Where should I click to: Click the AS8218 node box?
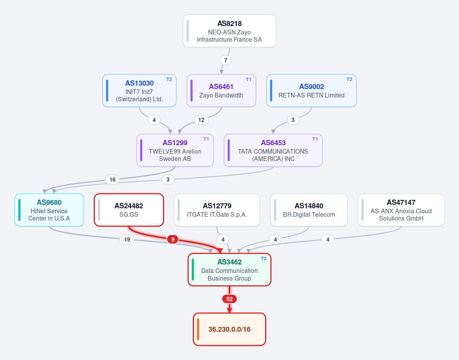point(229,31)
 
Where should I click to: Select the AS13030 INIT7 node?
point(139,91)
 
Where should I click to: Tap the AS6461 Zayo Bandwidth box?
point(221,91)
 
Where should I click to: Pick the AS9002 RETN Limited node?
point(311,91)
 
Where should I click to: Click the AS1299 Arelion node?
point(175,150)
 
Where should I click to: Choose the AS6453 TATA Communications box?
point(273,150)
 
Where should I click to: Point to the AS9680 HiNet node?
point(49,210)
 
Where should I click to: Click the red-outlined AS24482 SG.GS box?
point(129,210)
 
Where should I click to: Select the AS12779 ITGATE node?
point(217,210)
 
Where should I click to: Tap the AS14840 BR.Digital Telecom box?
point(309,210)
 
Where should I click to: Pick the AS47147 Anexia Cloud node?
point(401,210)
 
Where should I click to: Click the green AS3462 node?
point(229,270)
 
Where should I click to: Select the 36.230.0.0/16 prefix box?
point(229,329)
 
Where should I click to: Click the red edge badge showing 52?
point(229,299)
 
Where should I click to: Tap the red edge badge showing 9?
point(173,240)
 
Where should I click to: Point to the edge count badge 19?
point(127,240)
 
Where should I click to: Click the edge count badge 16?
point(112,180)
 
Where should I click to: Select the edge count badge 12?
point(201,120)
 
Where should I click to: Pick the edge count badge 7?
point(226,60)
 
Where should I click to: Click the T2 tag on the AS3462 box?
point(264,259)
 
